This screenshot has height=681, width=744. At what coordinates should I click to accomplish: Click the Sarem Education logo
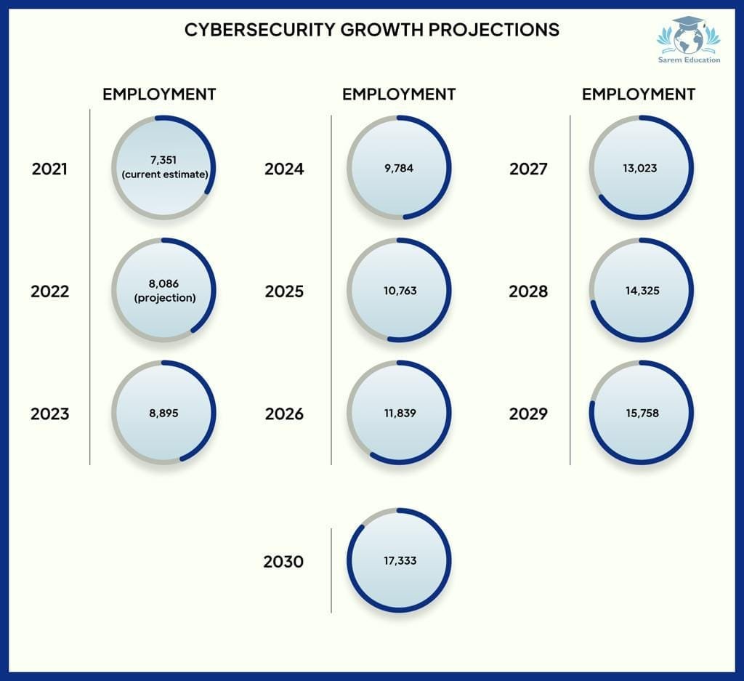click(688, 41)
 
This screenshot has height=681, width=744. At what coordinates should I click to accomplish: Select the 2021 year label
click(49, 169)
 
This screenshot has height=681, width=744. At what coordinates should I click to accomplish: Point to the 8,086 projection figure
click(163, 284)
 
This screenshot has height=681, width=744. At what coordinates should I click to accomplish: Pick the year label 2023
click(49, 414)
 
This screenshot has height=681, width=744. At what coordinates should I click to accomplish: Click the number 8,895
click(163, 413)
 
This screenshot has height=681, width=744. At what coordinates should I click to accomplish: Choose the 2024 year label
click(284, 169)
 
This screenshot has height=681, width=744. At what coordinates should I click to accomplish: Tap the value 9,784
click(399, 168)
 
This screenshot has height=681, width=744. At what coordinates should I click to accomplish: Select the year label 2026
click(284, 414)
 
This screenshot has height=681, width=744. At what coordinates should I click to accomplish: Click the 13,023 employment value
click(639, 168)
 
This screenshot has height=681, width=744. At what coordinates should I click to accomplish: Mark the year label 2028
click(528, 291)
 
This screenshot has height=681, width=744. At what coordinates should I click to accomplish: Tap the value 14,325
click(639, 291)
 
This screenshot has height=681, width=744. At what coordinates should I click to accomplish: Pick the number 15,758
click(639, 413)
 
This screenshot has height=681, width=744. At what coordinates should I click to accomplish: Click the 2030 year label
click(283, 562)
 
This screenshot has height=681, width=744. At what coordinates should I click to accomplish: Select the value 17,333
click(399, 560)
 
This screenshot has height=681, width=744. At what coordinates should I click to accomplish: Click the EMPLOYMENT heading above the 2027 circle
click(638, 94)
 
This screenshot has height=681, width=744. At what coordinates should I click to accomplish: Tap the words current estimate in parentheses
click(165, 174)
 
